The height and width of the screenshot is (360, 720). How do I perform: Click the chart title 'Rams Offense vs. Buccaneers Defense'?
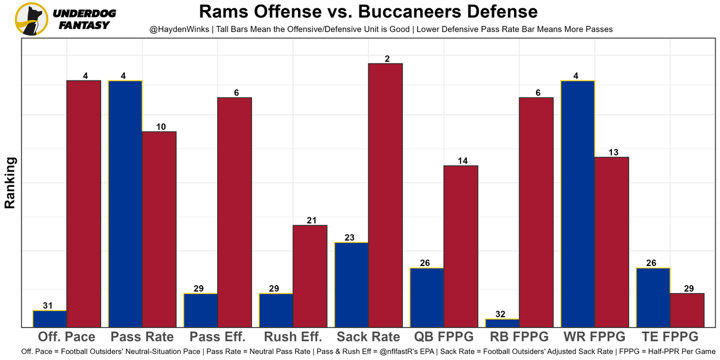368,11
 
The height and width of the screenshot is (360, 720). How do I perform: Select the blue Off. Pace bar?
50,318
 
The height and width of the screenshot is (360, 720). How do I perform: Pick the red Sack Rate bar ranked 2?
385,195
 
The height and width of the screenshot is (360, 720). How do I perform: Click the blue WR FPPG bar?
578,204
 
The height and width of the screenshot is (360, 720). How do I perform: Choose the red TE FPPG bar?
687,310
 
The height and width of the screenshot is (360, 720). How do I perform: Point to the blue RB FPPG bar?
502,323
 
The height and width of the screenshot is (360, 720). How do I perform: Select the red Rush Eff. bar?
310,276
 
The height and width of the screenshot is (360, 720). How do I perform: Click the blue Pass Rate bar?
125,204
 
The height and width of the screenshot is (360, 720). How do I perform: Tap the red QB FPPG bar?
461,246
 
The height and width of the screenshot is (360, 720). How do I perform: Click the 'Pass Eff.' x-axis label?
218,337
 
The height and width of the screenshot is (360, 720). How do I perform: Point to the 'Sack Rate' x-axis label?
368,337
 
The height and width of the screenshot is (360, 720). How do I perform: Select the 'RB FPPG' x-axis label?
519,337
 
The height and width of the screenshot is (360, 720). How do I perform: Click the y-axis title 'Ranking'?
10,183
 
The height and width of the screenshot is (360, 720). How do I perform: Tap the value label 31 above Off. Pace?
48,306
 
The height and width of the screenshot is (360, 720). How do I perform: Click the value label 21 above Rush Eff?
312,220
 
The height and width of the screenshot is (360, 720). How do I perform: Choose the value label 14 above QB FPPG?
463,161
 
